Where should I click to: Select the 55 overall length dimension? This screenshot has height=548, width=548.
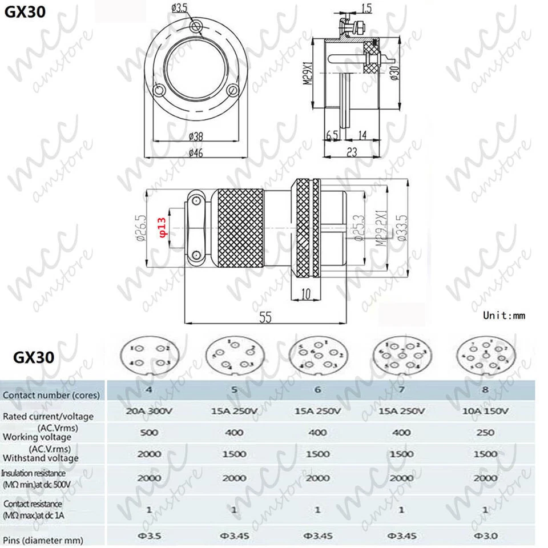[265, 318]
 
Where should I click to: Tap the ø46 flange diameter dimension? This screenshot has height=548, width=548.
[196, 151]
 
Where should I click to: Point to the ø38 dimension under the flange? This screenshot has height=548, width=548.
[196, 137]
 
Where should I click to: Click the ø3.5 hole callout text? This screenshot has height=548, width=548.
[181, 7]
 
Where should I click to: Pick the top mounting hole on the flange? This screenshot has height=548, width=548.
[197, 26]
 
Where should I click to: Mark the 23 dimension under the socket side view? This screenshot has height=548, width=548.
[353, 152]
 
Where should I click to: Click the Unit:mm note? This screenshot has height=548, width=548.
[503, 315]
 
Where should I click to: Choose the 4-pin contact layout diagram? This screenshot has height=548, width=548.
[149, 356]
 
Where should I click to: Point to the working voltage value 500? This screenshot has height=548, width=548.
[148, 433]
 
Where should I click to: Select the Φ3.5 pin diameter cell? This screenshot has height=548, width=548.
[148, 537]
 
